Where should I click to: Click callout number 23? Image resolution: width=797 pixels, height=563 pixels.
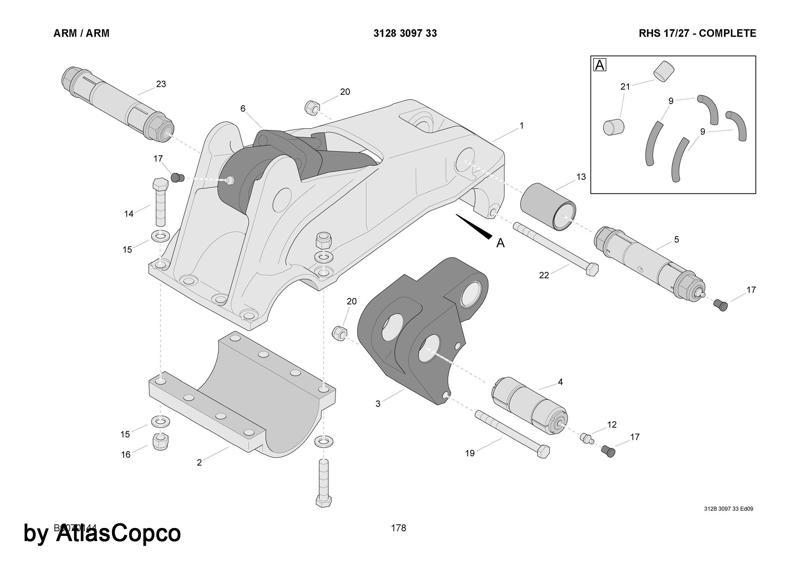tap(161, 84)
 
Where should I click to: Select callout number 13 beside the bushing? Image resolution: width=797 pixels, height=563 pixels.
tap(581, 176)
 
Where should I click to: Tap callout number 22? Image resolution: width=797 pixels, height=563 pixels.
tap(544, 275)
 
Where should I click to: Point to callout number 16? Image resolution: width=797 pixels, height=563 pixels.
tap(126, 455)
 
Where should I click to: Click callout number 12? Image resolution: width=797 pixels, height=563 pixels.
tap(612, 425)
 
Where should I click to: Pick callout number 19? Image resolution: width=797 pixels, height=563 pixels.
tap(470, 453)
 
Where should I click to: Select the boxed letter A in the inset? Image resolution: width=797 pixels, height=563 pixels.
tap(600, 65)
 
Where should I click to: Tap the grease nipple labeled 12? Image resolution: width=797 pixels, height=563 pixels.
tap(586, 438)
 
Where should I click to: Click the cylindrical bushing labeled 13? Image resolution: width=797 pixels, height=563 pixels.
tap(548, 207)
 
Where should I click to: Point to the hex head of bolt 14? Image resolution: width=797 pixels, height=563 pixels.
tap(160, 184)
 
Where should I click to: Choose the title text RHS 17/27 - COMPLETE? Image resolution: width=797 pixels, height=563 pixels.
tap(697, 33)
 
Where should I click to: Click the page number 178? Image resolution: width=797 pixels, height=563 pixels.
tap(398, 528)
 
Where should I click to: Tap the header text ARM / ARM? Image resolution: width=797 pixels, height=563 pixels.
tap(81, 33)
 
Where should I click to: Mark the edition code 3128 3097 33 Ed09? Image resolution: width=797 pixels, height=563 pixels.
tap(728, 509)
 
